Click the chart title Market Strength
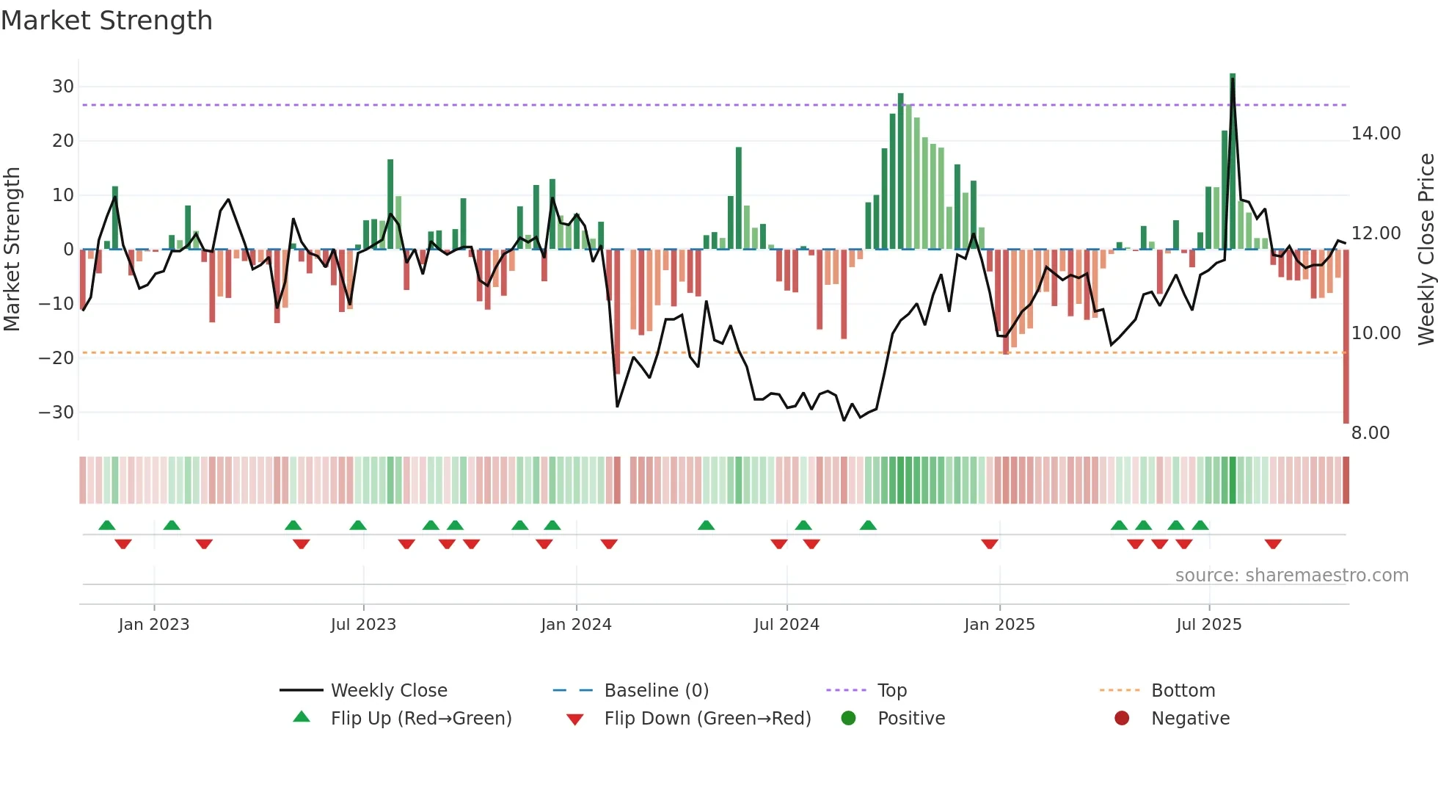106,21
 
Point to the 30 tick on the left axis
63,87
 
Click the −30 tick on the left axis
56,413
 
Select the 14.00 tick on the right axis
1376,134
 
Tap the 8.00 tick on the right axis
1371,433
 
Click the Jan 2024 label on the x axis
576,625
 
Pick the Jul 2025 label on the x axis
1208,625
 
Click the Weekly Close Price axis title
1426,250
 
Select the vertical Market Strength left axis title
12,250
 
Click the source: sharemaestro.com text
1291,576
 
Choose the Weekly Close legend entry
388,691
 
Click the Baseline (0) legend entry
656,691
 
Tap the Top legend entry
891,691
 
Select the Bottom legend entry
1183,691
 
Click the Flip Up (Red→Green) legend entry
420,719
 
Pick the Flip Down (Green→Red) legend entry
707,719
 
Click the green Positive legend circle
849,719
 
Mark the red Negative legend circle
1122,719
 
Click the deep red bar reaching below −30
1346,367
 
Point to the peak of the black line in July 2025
1233,80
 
